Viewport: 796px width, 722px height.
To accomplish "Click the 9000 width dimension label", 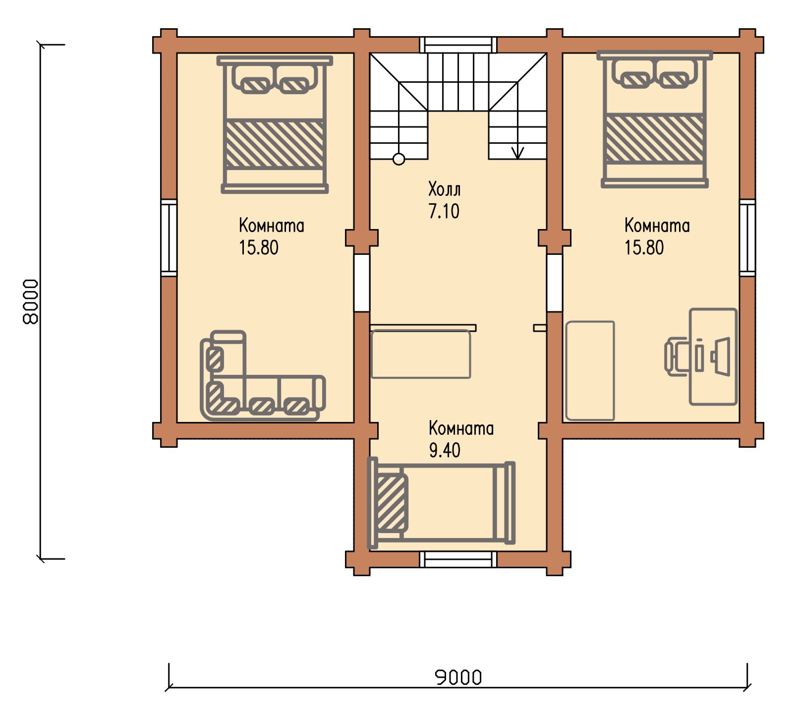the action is pos(458,677).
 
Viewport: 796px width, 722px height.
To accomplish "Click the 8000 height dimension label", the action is pos(31,301).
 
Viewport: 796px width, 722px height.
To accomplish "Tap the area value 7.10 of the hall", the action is pos(444,211).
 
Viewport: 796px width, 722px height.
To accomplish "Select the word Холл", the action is pos(445,189).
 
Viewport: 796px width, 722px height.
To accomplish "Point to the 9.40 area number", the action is pos(445,450).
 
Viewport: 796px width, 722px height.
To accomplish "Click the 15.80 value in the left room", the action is pos(259,247).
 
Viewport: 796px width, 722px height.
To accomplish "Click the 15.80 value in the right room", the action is pos(644,247).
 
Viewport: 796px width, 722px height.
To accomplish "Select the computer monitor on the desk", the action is pos(721,357).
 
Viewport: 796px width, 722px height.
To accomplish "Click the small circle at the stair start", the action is pos(398,159).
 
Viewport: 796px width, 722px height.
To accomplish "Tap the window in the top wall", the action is pos(458,44).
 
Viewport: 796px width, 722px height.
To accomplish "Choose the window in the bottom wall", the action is pos(458,559).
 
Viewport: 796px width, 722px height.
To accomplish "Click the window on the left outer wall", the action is pos(169,238).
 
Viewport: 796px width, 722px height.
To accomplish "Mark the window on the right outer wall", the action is pos(747,238).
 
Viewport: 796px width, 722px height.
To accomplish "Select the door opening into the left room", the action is pos(362,283).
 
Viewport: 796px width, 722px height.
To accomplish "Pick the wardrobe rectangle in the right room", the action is pos(590,370).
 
